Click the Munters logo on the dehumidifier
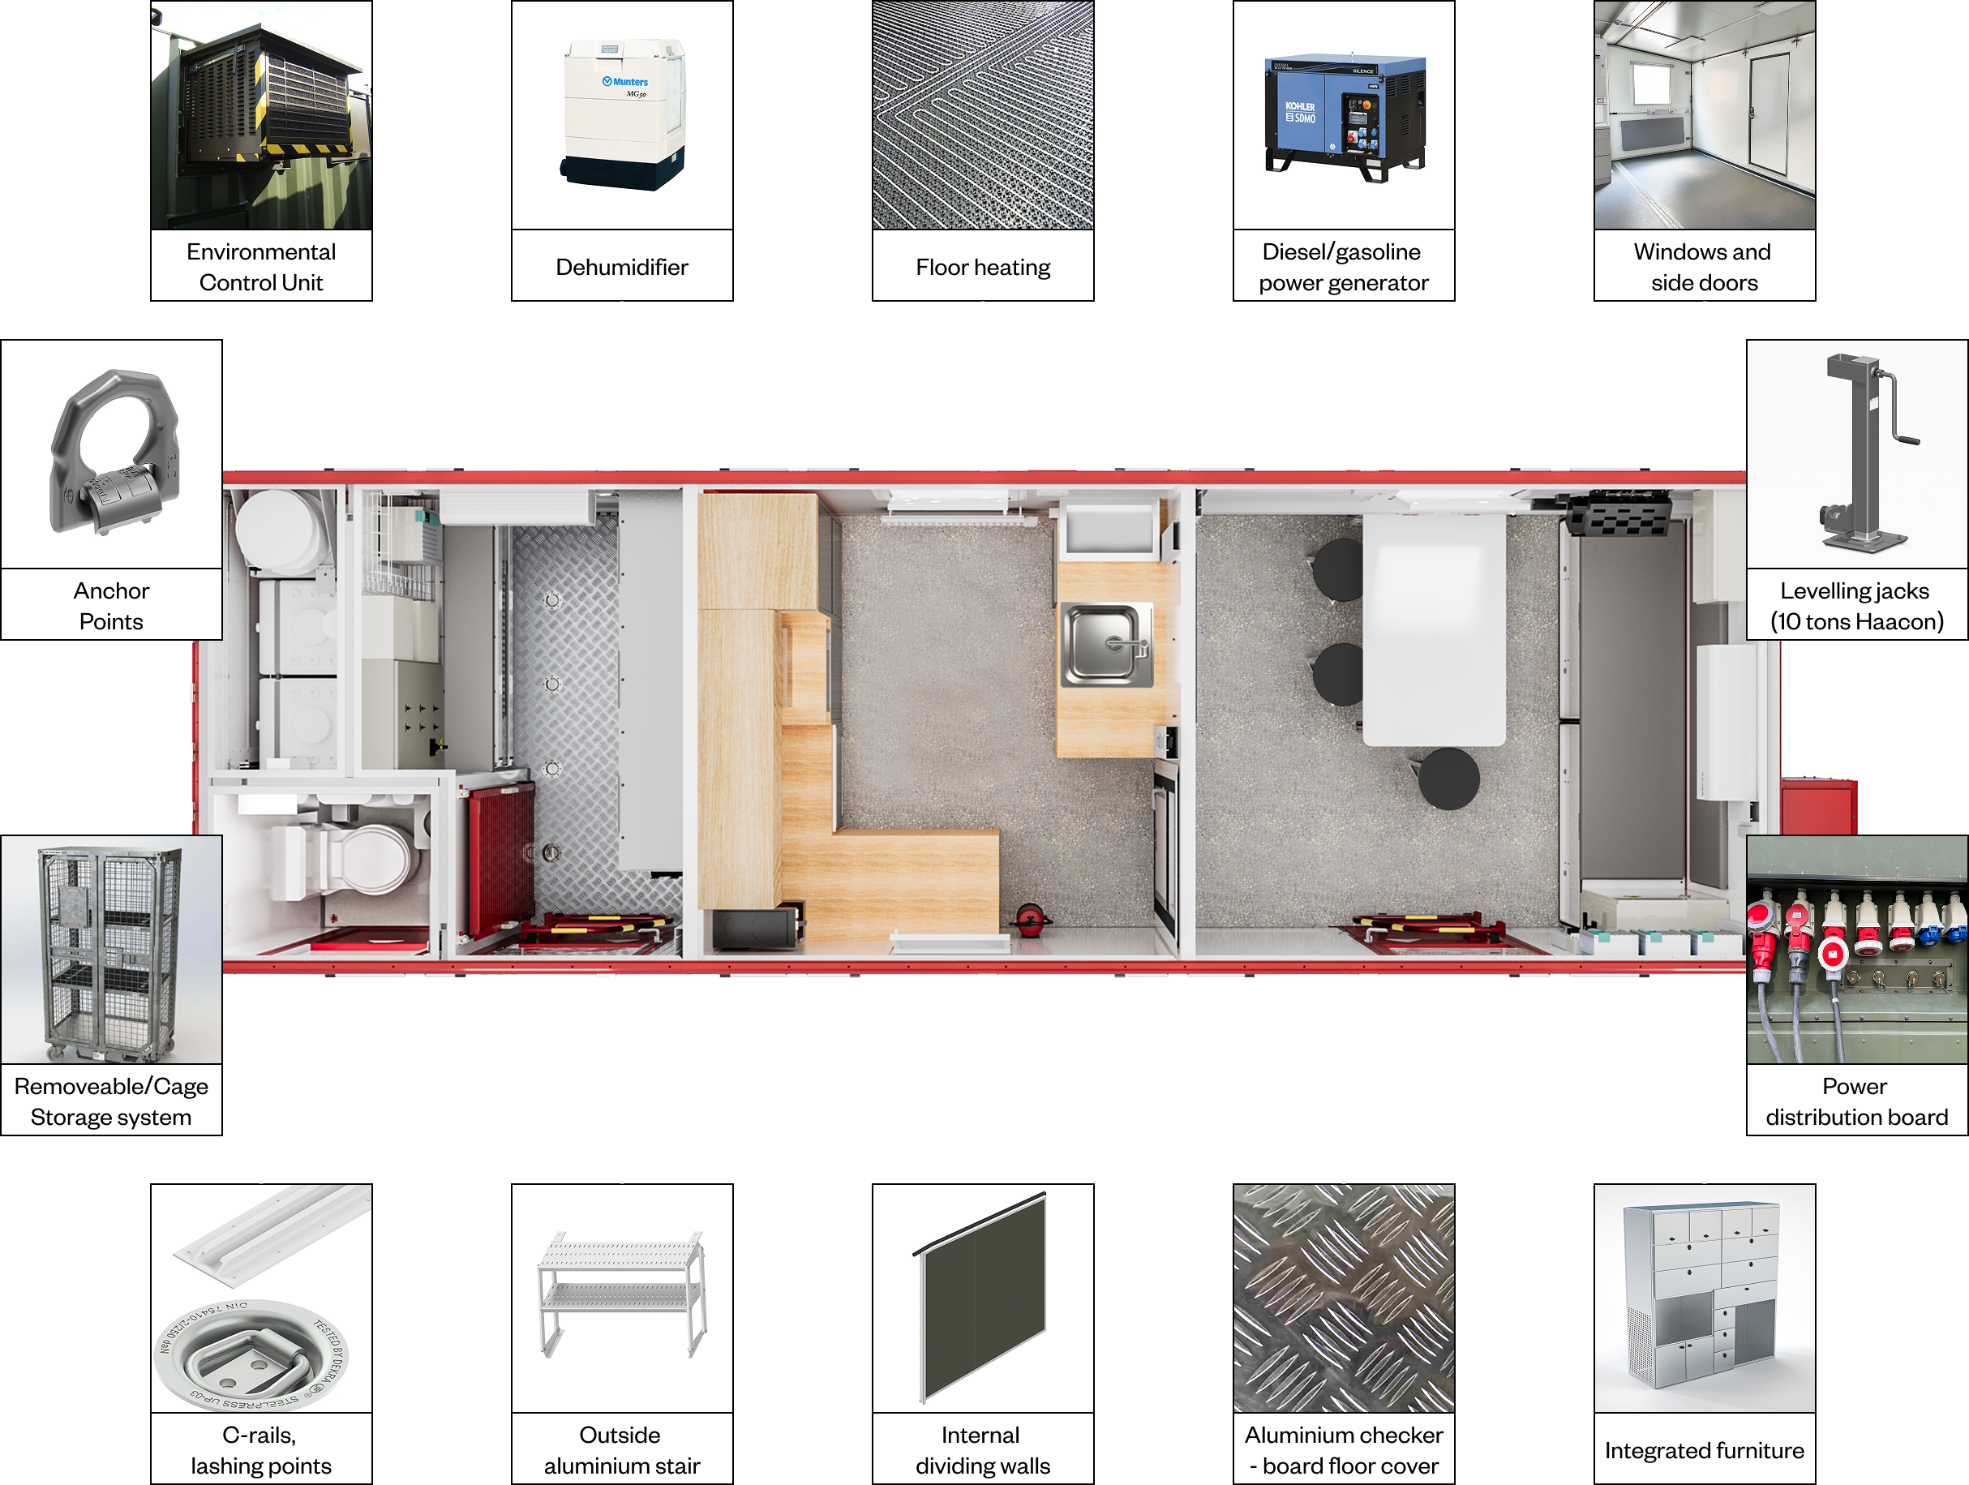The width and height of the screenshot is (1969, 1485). pyautogui.click(x=625, y=82)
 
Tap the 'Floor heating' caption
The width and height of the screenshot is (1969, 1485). pyautogui.click(x=983, y=267)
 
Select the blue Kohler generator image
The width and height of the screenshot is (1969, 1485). pyautogui.click(x=1344, y=116)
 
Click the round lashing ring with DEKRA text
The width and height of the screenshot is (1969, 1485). pyautogui.click(x=252, y=1356)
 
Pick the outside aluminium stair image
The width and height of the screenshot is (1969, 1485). pyautogui.click(x=622, y=1295)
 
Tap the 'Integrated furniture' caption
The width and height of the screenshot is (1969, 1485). pyautogui.click(x=1704, y=1450)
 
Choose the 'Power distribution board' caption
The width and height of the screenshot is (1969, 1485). pyautogui.click(x=1856, y=1101)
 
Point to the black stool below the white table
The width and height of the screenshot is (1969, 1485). pyautogui.click(x=1448, y=778)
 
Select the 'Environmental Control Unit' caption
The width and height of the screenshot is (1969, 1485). pyautogui.click(x=261, y=267)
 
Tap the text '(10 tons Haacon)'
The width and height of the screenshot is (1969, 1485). pyautogui.click(x=1856, y=621)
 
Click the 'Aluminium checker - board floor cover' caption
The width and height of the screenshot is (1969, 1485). pyautogui.click(x=1344, y=1450)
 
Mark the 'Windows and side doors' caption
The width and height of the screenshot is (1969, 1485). pyautogui.click(x=1704, y=267)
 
